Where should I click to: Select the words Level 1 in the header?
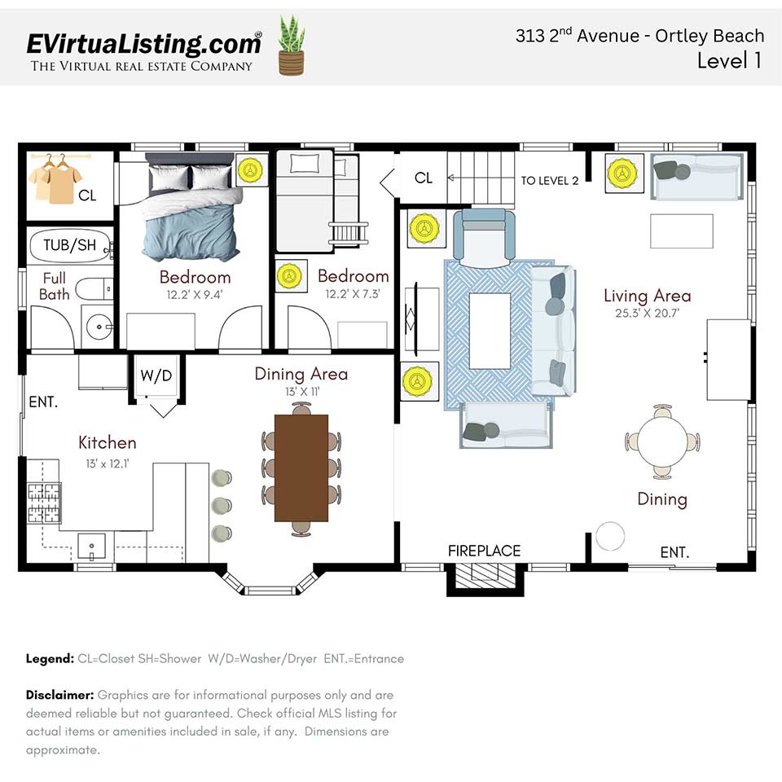pos(729,60)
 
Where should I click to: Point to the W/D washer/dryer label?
pos(156,376)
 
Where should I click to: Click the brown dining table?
pos(301,468)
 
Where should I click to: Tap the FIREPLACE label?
pos(484,551)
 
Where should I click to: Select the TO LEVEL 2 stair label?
pos(550,181)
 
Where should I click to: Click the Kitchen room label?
pos(107,442)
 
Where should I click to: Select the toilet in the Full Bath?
pos(94,288)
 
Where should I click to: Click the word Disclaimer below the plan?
pos(59,695)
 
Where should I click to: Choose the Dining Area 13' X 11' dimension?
pos(301,392)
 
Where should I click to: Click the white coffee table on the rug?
pos(490,329)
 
